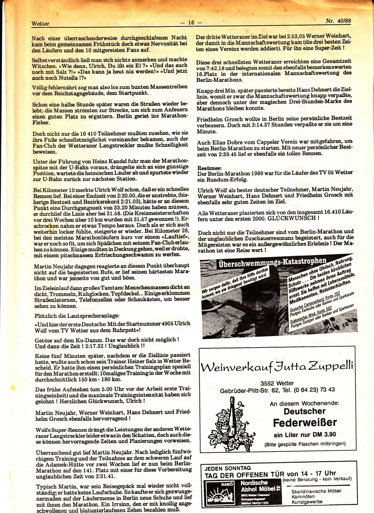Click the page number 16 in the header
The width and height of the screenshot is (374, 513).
191,23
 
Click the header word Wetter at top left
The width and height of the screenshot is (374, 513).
41,24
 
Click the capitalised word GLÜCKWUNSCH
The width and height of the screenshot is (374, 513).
292,217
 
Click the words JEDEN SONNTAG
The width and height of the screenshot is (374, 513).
227,468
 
